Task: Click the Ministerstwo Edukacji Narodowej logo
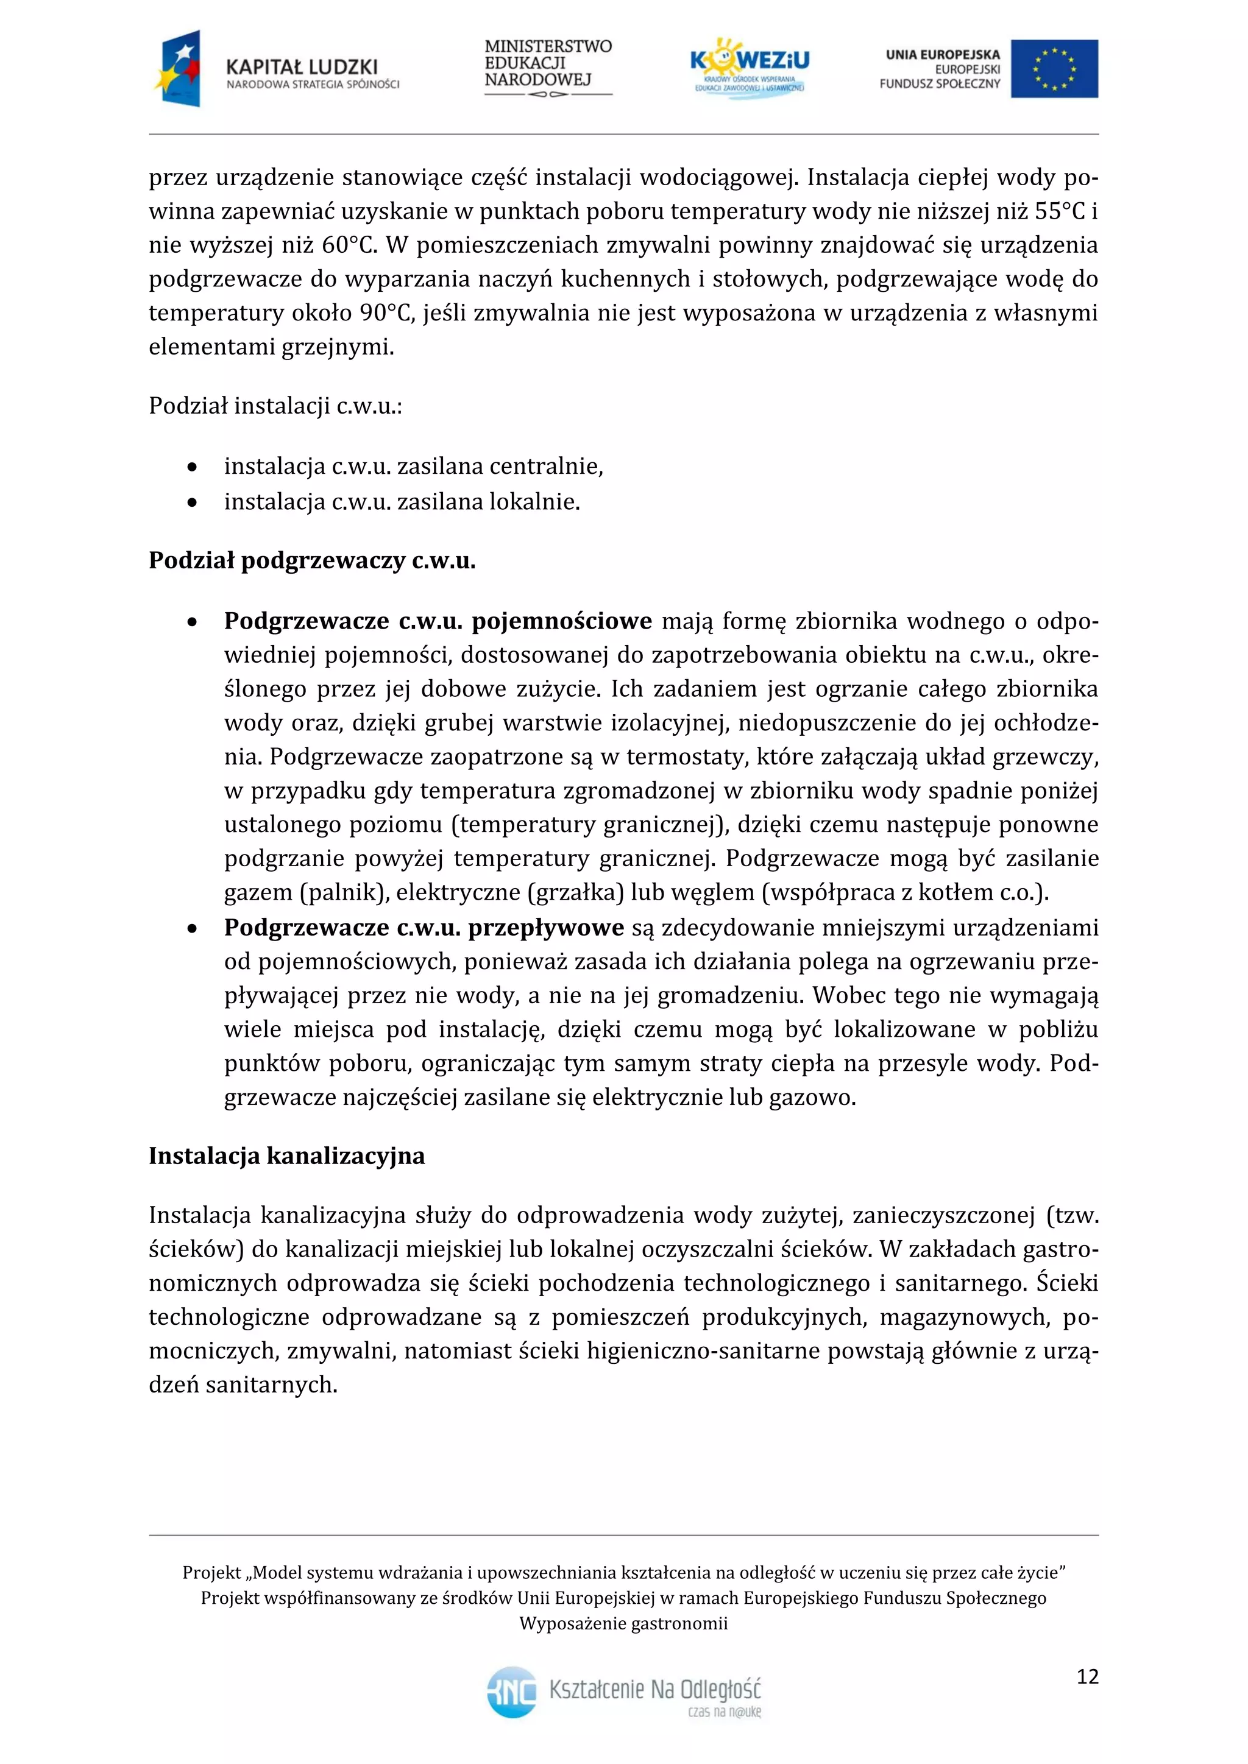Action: click(x=548, y=68)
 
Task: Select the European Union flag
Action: click(x=1054, y=68)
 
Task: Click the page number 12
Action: click(x=1087, y=1676)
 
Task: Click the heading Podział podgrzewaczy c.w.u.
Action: click(x=312, y=560)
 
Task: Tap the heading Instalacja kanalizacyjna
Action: click(x=286, y=1155)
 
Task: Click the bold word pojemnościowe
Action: click(x=562, y=621)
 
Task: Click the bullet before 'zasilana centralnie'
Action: click(x=192, y=467)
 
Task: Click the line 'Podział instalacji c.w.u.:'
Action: click(x=275, y=406)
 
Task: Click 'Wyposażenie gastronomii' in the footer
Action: click(x=623, y=1624)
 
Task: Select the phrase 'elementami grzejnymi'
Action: click(x=271, y=347)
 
